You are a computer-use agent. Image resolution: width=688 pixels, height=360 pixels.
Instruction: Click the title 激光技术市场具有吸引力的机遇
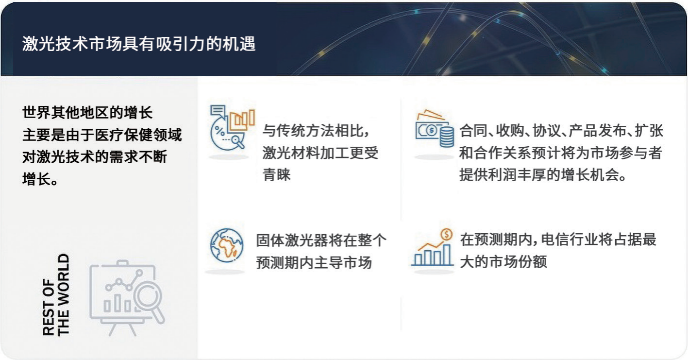[x=138, y=44]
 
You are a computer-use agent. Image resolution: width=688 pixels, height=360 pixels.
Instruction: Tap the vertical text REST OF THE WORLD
[x=56, y=294]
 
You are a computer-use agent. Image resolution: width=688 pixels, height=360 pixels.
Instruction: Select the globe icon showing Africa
[x=227, y=245]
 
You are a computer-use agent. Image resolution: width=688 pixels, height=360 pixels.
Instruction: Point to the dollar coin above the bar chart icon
[x=446, y=235]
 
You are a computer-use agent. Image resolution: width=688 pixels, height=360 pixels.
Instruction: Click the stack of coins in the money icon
[x=447, y=137]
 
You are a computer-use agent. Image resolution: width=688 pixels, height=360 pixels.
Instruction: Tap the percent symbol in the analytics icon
[x=219, y=131]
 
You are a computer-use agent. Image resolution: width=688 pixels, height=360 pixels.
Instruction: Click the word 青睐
[x=276, y=175]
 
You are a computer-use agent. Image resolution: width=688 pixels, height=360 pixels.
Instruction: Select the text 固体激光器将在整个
[x=321, y=240]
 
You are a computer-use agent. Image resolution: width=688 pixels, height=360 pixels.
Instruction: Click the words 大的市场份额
[x=503, y=262]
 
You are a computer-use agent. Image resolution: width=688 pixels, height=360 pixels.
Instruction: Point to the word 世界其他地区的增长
[x=87, y=113]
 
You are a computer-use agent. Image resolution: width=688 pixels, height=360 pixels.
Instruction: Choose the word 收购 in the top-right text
[x=510, y=131]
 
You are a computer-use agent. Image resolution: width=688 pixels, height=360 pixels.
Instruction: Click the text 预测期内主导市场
[x=314, y=263]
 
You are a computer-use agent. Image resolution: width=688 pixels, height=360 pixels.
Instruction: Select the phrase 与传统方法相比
[x=313, y=131]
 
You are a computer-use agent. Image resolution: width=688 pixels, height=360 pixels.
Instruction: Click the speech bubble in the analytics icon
[x=218, y=111]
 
